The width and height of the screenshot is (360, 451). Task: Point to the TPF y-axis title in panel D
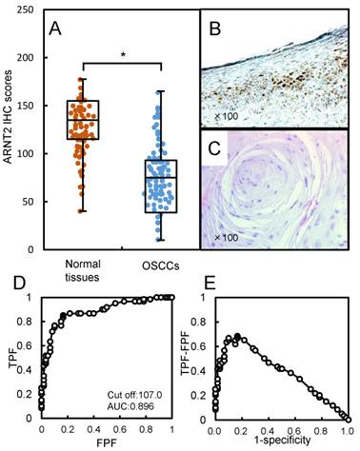click(x=12, y=357)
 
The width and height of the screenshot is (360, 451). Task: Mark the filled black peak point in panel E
click(x=237, y=336)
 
